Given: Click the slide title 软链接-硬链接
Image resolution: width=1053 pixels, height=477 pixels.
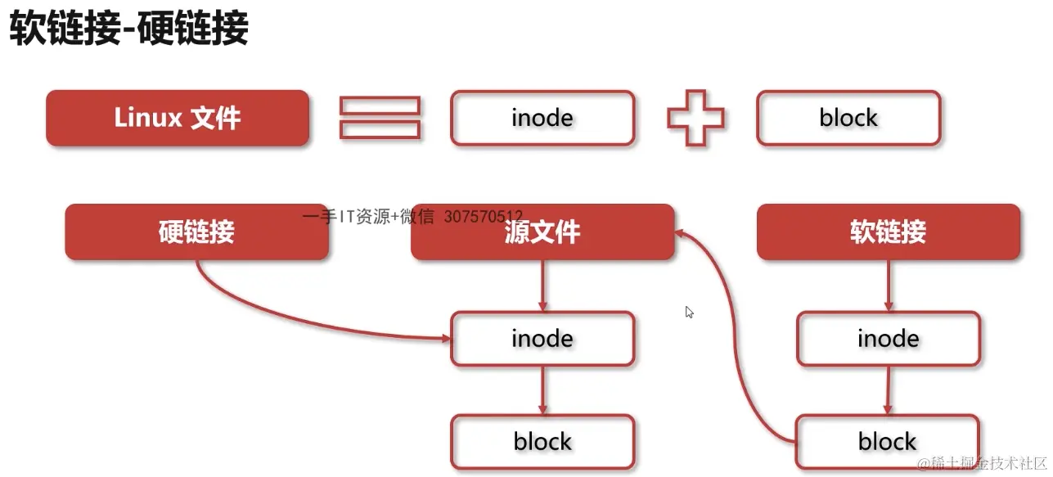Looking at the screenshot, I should (x=128, y=30).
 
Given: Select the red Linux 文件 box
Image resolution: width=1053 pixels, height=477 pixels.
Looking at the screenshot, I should (x=178, y=119).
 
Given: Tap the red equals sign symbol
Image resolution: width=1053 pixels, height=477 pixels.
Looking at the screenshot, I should (x=380, y=119).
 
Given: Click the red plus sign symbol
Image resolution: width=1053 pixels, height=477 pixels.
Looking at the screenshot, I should (x=695, y=119).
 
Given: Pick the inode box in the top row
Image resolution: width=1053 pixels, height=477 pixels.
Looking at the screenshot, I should (x=542, y=119).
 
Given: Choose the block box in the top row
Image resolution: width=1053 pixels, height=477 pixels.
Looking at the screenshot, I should (x=848, y=119).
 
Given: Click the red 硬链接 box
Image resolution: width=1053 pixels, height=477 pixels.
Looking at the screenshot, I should (x=196, y=232).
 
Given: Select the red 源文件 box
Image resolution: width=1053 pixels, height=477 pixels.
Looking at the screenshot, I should (x=542, y=233).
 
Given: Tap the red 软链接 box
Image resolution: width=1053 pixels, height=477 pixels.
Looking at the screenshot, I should (x=889, y=232).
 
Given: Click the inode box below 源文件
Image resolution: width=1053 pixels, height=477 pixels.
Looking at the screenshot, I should (x=542, y=339).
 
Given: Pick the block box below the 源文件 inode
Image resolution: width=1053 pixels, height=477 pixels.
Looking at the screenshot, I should (x=542, y=442).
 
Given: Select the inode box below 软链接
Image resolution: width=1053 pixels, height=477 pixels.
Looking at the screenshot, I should (x=888, y=339).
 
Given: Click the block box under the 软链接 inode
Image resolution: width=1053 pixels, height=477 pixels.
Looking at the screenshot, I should (x=888, y=442).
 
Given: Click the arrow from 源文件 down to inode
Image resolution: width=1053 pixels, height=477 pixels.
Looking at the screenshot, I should (x=542, y=286).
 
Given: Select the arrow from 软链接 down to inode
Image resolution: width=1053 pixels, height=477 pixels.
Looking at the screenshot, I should (x=889, y=286).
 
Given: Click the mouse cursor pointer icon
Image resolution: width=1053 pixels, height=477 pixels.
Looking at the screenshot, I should (x=690, y=313).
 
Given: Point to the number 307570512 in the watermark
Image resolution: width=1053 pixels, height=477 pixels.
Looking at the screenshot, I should (x=483, y=217).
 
